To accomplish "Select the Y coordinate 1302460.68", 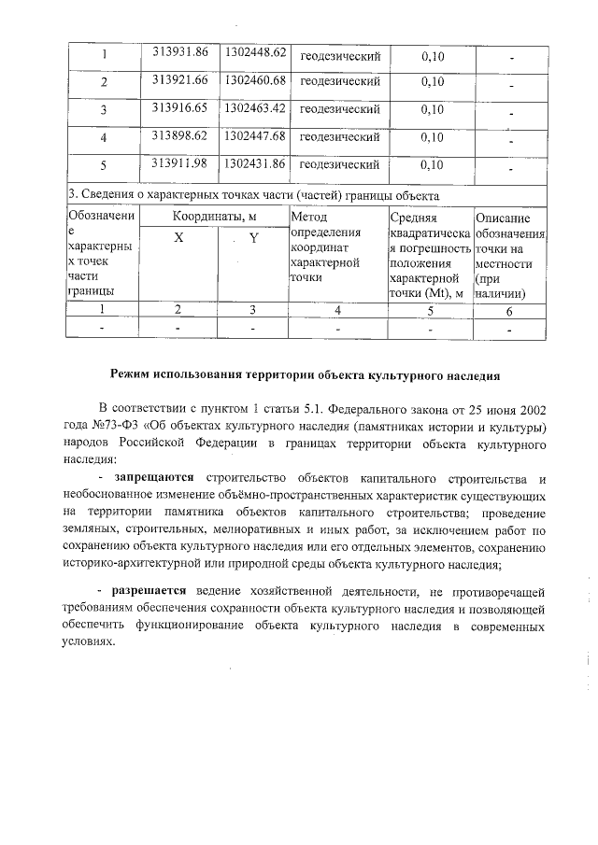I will pos(253,79).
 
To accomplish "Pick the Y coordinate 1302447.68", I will pos(253,135).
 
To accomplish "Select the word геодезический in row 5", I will pos(339,165).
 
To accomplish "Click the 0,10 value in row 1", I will pos(433,56).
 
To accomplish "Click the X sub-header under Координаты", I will pos(178,238).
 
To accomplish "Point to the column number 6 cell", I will pos(509,309).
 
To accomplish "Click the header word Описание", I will pos(509,218).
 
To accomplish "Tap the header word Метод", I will pos(309,218).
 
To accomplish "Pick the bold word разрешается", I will pos(149,591).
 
